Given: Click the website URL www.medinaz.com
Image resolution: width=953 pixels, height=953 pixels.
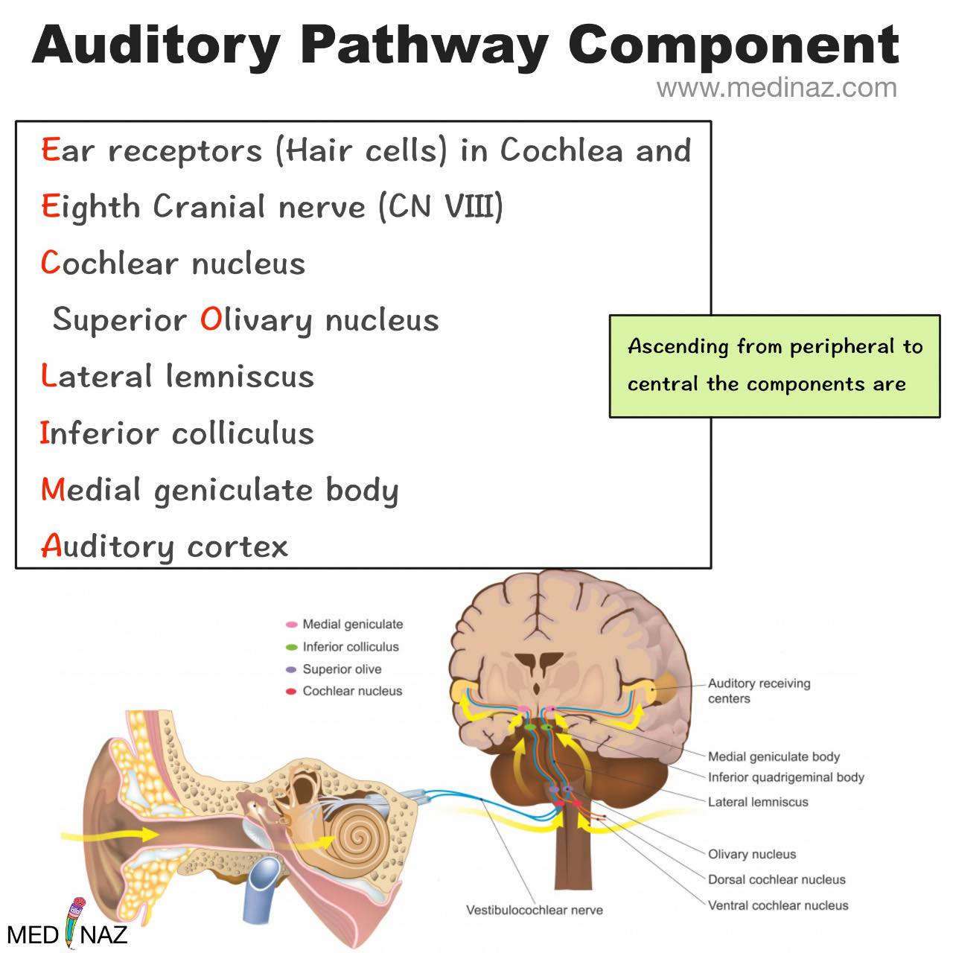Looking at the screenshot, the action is pos(777,89).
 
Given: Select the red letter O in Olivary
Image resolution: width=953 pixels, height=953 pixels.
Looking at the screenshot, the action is pos(211,319).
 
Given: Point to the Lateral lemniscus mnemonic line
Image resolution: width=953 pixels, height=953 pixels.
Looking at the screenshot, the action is pos(177,376).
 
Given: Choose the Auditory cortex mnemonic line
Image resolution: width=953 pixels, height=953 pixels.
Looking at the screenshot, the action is pos(165,546).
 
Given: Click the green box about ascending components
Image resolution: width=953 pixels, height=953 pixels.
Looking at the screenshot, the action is pos(774,366).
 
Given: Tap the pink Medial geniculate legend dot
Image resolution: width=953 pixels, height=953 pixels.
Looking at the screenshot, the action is pos(292,625).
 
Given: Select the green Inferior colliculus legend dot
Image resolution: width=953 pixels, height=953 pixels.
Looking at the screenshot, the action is pos(292,647).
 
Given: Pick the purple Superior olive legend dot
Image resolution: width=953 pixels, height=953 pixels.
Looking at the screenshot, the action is pos(292,669).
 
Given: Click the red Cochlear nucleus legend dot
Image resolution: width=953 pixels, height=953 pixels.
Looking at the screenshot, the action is pos(292,692).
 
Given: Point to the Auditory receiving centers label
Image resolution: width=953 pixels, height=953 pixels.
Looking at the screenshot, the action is pos(759,690).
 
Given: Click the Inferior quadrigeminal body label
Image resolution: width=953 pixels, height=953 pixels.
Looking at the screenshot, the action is pos(785,777).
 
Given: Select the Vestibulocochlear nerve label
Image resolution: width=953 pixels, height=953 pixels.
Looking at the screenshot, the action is pos(535,910).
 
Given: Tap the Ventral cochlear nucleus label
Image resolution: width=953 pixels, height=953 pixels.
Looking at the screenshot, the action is pos(778,905).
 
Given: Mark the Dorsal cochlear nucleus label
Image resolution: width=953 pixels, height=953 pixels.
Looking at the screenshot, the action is pos(777,879).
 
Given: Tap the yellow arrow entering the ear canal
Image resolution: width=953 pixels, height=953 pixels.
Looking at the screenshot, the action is pos(109,835).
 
